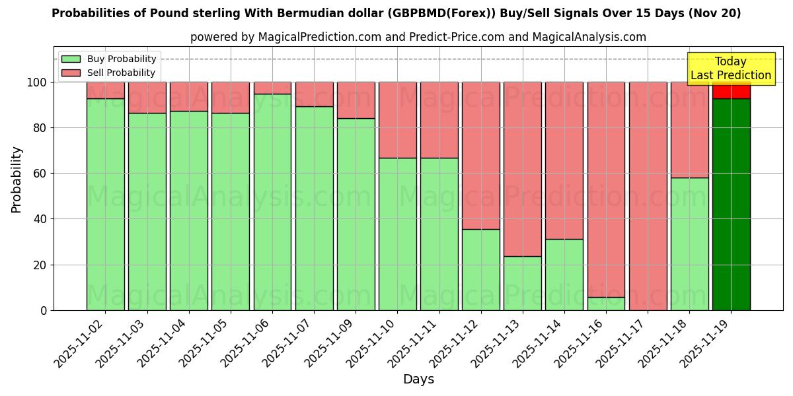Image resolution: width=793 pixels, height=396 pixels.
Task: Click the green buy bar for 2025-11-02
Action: (x=106, y=205)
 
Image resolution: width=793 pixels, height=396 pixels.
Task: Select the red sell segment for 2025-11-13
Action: (x=523, y=169)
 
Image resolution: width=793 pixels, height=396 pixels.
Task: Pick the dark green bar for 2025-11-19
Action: (x=731, y=205)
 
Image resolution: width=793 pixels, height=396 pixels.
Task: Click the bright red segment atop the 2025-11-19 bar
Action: (x=731, y=91)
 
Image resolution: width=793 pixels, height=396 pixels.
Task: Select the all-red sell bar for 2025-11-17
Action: (x=648, y=196)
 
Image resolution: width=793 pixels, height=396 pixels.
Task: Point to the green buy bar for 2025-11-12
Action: (x=481, y=269)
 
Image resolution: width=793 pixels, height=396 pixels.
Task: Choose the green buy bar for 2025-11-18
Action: (x=689, y=244)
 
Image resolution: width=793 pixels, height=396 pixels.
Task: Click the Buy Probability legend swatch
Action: (x=71, y=59)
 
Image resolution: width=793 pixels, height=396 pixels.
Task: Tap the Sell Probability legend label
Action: (x=121, y=73)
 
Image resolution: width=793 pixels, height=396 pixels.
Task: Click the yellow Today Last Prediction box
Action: (x=731, y=69)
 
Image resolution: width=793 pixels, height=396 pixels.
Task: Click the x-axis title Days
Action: (x=418, y=379)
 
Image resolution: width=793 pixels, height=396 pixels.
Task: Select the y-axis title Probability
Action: (x=17, y=179)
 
